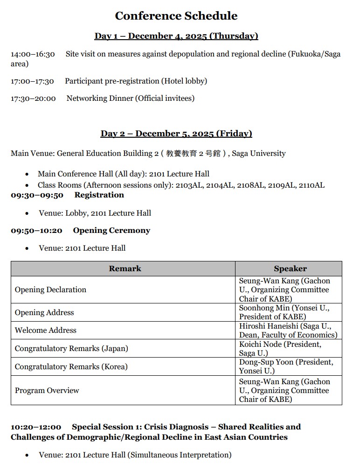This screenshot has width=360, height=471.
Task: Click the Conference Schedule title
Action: (176, 16)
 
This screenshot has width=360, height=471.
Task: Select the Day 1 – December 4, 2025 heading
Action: (176, 36)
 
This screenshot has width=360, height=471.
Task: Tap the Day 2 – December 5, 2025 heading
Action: (176, 134)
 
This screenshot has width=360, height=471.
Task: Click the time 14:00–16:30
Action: (33, 54)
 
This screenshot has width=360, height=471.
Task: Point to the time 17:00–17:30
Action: (32, 81)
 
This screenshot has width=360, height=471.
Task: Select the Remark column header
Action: (125, 268)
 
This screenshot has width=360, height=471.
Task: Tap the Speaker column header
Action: (290, 268)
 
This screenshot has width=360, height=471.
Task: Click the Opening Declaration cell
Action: (50, 290)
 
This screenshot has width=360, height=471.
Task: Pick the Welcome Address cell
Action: (45, 330)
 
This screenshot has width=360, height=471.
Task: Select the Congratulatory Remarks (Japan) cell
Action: (71, 349)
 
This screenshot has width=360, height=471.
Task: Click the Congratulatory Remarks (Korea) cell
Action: (71, 367)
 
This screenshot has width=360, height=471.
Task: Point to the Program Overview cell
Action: (47, 390)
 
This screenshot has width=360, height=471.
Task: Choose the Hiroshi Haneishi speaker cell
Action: (288, 330)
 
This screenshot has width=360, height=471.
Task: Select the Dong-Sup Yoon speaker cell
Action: (286, 367)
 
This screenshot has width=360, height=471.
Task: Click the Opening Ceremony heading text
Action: (111, 231)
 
